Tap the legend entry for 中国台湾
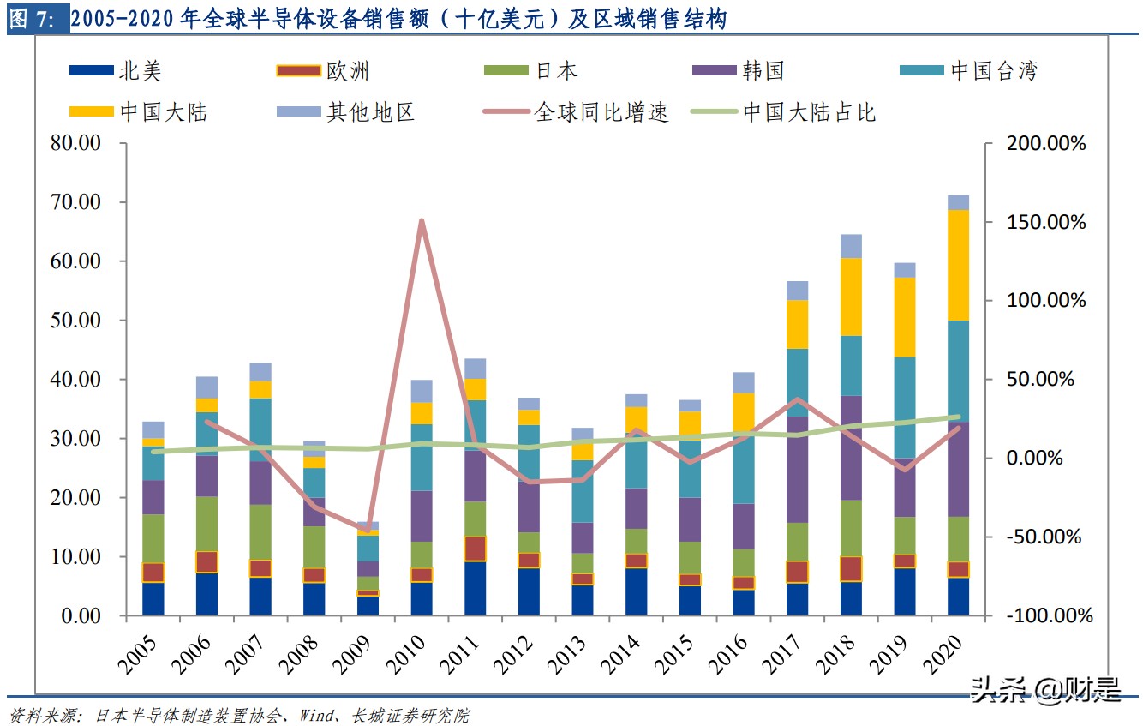coord(967,71)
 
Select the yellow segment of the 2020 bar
coord(958,265)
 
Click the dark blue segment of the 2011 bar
coord(476,589)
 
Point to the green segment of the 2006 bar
coord(206,524)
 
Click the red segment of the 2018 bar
coord(851,569)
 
